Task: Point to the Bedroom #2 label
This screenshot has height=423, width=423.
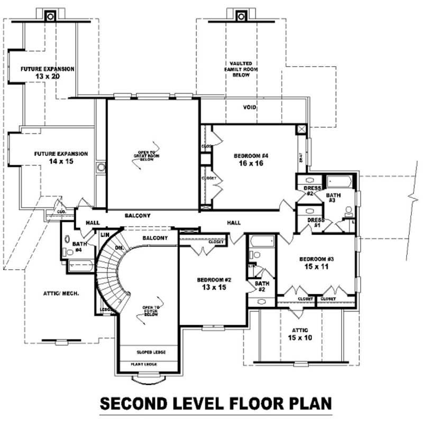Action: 215,279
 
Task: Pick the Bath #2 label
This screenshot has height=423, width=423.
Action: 263,286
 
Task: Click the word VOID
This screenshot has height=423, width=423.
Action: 250,107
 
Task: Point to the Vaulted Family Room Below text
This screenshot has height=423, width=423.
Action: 237,69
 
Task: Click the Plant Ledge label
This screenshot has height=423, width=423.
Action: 148,364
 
